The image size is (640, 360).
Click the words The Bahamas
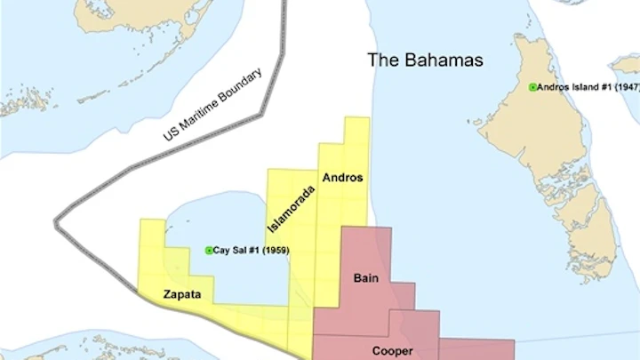tap(427, 60)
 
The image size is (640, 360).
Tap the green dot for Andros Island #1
tap(532, 87)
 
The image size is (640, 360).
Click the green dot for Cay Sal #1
tap(209, 251)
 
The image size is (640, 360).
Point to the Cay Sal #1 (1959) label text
tap(252, 251)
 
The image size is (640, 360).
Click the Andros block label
tap(342, 178)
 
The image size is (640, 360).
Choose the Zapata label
tap(181, 292)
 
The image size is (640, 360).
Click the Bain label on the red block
tap(365, 278)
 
